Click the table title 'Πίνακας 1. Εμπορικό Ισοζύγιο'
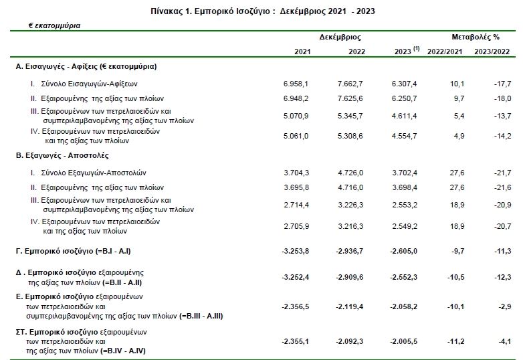pos(210,11)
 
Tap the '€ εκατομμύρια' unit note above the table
pos(54,25)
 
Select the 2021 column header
pos(302,52)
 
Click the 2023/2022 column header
pos(492,52)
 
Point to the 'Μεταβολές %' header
pos(476,37)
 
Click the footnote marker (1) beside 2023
pos(416,49)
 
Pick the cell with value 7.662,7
pos(350,84)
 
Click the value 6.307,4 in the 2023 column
pos(404,84)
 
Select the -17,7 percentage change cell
pos(503,84)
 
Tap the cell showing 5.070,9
pos(296,116)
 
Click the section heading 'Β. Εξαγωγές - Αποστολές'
pos(62,155)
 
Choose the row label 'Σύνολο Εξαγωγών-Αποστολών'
pos(94,173)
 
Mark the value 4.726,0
pos(350,173)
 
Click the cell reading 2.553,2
pos(405,205)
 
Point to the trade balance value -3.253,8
pos(296,251)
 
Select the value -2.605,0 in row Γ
pos(403,251)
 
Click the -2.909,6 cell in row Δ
pos(350,277)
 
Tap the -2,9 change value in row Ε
pos(505,306)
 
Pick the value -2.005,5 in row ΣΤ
pos(403,342)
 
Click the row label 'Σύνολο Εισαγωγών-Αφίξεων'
pos(90,84)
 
